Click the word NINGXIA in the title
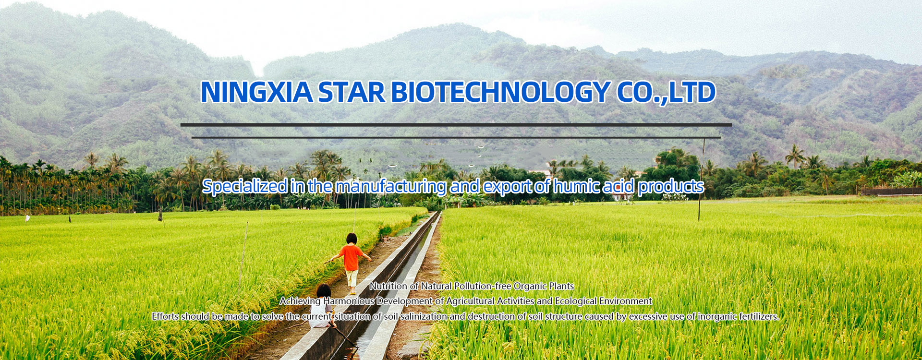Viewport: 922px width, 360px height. point(256,92)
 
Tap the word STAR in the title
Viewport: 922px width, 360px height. point(352,92)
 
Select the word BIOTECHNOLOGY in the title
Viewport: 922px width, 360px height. point(501,92)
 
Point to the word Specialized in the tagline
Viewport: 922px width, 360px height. point(245,186)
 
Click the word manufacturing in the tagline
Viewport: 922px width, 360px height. point(391,186)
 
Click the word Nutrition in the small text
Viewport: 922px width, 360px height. point(388,286)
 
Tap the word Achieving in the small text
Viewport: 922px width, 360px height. point(300,301)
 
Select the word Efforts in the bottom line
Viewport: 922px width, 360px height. point(165,316)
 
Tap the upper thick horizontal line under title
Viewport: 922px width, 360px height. point(456,125)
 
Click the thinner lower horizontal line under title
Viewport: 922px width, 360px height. point(456,137)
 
